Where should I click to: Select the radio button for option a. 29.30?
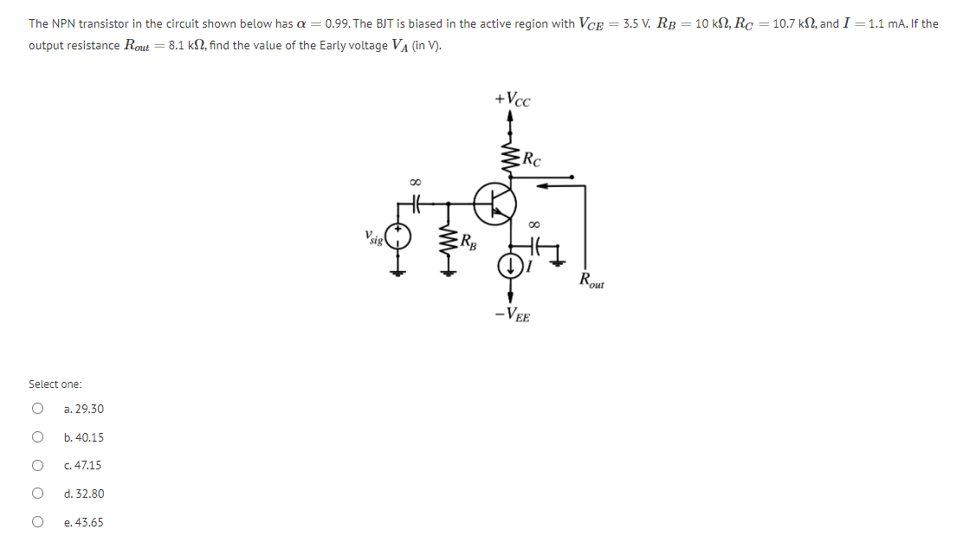pyautogui.click(x=37, y=409)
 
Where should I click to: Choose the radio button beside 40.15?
pyautogui.click(x=37, y=437)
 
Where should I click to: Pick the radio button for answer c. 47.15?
pyautogui.click(x=37, y=466)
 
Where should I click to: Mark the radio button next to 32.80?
pyautogui.click(x=37, y=494)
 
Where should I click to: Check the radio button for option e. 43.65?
pyautogui.click(x=37, y=522)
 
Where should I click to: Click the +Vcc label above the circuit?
pyautogui.click(x=513, y=100)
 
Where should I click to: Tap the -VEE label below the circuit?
pyautogui.click(x=513, y=315)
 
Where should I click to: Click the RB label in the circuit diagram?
pyautogui.click(x=468, y=241)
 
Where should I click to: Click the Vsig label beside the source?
pyautogui.click(x=374, y=236)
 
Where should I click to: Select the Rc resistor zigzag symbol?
pyautogui.click(x=510, y=158)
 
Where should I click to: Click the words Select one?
pyautogui.click(x=55, y=384)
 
